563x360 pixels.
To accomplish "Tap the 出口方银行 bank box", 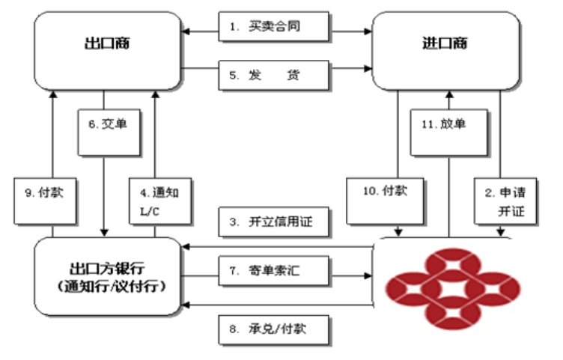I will click(108, 275).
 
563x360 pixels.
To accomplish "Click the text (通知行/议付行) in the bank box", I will click(108, 287).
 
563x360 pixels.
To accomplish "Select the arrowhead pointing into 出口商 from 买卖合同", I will click(187, 31).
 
